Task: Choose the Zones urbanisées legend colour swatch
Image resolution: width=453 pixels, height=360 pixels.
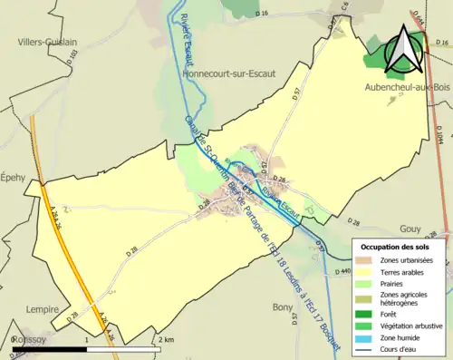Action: click(x=362, y=261)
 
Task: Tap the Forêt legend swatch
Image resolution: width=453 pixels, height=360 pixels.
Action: click(x=362, y=314)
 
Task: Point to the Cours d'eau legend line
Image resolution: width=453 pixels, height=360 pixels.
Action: click(x=362, y=349)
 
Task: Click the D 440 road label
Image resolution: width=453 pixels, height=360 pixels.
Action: click(x=342, y=270)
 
